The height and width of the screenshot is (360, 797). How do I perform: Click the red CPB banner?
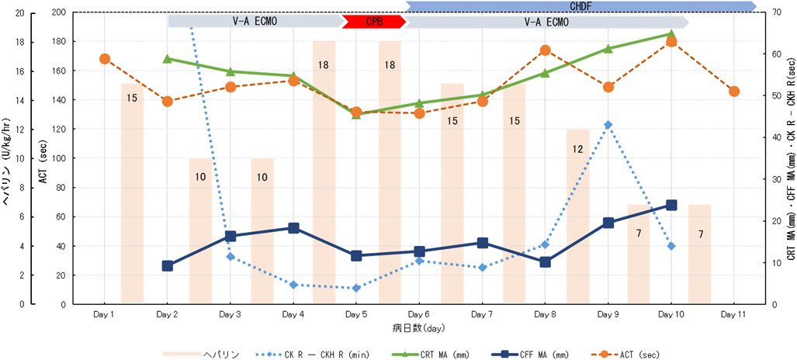[x=374, y=22]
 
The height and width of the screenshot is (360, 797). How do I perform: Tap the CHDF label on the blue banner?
[x=580, y=6]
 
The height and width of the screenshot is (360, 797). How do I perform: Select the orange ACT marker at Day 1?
[x=104, y=59]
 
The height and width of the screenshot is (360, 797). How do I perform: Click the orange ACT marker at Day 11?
[x=734, y=91]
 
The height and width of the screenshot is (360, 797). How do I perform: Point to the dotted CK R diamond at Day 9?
[x=608, y=124]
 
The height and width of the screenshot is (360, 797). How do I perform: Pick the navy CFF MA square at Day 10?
[x=671, y=205]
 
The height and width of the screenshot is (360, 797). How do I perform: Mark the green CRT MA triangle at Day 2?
[x=167, y=59]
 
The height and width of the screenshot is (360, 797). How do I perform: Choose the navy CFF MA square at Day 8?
[x=545, y=262]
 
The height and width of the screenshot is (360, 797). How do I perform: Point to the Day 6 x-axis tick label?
[x=419, y=314]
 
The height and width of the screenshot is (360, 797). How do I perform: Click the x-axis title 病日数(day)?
[x=419, y=327]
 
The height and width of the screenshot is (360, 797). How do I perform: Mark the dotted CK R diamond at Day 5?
[x=356, y=288]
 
